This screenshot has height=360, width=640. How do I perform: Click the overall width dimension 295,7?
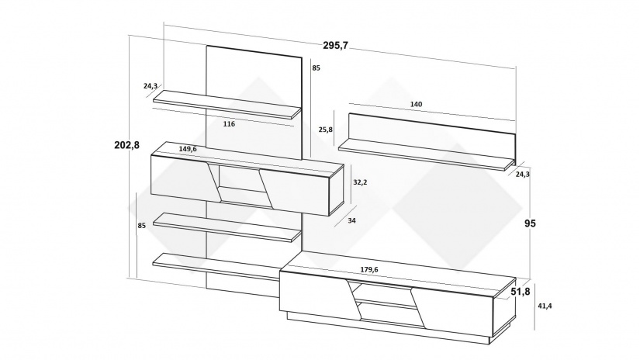click(335, 45)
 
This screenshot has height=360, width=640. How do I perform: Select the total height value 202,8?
click(126, 145)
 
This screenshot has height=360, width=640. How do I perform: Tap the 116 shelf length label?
click(229, 123)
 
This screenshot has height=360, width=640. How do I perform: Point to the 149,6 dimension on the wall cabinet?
click(188, 149)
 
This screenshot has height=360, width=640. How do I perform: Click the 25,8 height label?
click(325, 130)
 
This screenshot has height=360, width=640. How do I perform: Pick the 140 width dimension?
click(416, 104)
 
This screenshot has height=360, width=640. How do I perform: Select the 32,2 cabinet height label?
click(360, 182)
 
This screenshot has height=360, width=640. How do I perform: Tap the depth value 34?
click(352, 220)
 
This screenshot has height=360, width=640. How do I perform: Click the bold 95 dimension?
click(530, 223)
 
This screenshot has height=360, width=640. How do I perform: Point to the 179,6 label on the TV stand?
click(369, 269)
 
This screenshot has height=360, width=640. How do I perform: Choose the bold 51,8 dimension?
click(521, 292)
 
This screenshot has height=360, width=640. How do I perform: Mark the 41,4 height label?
click(545, 306)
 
